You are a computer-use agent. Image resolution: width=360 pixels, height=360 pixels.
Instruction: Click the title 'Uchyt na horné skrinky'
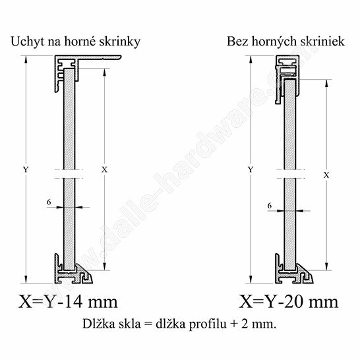(76, 42)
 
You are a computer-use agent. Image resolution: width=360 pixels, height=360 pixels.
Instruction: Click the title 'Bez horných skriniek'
(285, 42)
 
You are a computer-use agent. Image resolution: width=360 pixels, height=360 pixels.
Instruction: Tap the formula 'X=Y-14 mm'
(68, 302)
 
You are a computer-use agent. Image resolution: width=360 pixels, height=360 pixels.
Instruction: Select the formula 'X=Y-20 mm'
(289, 302)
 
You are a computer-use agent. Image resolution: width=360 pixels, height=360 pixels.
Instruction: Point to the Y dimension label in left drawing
(26, 169)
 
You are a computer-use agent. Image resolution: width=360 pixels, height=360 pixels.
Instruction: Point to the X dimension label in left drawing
(104, 169)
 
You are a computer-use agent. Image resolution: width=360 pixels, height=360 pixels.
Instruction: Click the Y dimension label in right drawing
(251, 169)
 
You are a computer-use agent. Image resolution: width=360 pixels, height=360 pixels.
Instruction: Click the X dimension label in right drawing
(326, 175)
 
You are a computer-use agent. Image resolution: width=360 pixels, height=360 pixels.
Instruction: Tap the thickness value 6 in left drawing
(49, 202)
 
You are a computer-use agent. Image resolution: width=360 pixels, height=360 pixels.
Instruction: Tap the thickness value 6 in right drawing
(270, 206)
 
